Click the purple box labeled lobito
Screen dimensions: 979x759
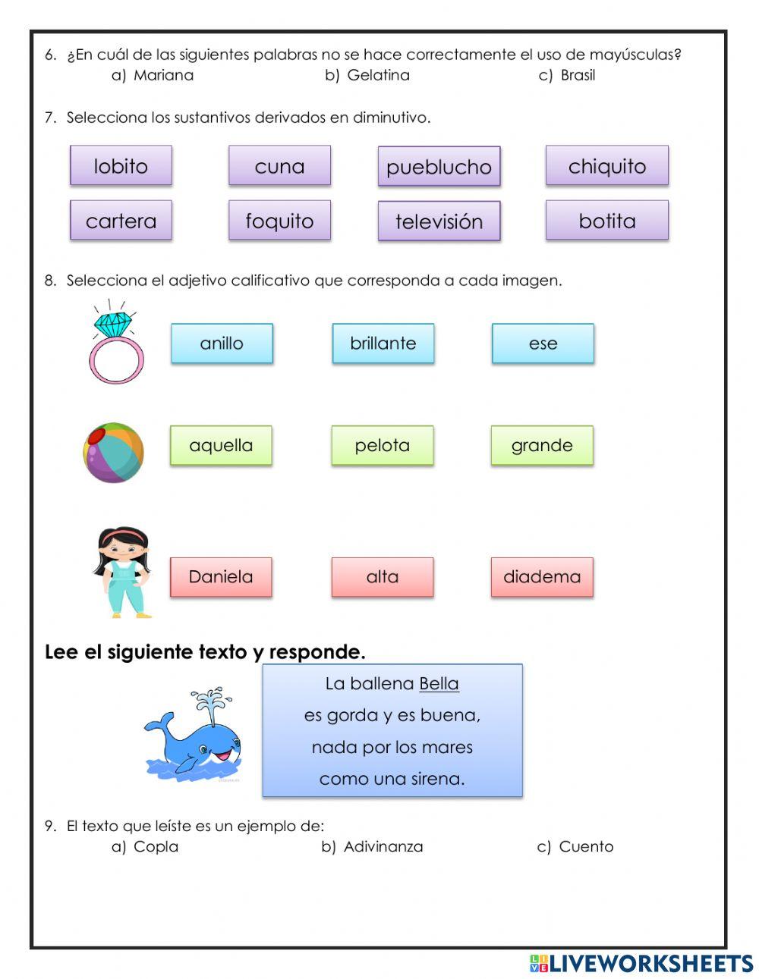(121, 166)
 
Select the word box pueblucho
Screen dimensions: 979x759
(439, 167)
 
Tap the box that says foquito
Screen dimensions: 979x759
(279, 221)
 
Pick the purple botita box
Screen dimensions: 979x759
(606, 221)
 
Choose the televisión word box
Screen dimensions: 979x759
(439, 221)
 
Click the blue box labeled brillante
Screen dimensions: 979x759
(383, 344)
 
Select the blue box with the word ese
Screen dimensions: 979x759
(543, 344)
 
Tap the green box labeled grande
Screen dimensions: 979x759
(541, 445)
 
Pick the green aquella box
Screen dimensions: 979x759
(221, 445)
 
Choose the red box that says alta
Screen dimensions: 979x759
(382, 577)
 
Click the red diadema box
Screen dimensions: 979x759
(541, 577)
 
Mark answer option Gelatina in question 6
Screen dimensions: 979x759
(377, 75)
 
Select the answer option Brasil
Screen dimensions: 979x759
(577, 75)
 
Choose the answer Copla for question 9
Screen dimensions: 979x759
(155, 846)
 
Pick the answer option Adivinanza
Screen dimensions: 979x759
(383, 846)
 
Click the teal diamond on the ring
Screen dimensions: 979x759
(112, 324)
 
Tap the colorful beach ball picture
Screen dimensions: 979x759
(113, 453)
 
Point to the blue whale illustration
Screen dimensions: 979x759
(194, 739)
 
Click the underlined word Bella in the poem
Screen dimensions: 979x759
(439, 683)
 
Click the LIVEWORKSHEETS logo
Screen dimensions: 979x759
(641, 963)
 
